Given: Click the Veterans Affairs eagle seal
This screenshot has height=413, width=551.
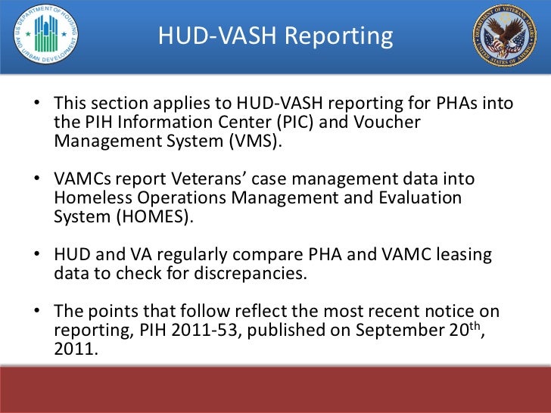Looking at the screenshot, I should (x=504, y=35).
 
